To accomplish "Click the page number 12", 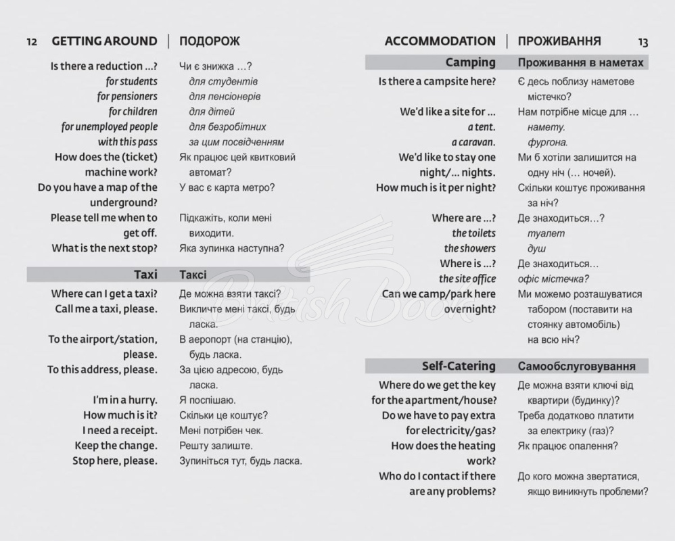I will click(x=32, y=42).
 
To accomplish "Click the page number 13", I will click(x=643, y=42).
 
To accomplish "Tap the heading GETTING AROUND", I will click(x=104, y=41).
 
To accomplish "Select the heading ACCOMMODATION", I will click(x=440, y=41).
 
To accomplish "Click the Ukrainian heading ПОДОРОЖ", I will click(x=210, y=41).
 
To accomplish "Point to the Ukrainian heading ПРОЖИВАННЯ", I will click(x=559, y=41).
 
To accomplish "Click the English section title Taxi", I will click(x=145, y=275).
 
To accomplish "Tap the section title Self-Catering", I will click(x=459, y=366).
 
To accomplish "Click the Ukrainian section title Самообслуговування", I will click(x=576, y=367).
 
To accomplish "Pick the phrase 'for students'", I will click(x=131, y=81).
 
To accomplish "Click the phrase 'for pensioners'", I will click(x=127, y=96).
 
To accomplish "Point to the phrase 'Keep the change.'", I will click(x=116, y=446).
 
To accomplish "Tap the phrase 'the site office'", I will click(x=467, y=279).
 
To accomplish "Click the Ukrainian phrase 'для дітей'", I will click(x=212, y=112).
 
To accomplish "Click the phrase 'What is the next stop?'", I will click(x=104, y=248).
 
